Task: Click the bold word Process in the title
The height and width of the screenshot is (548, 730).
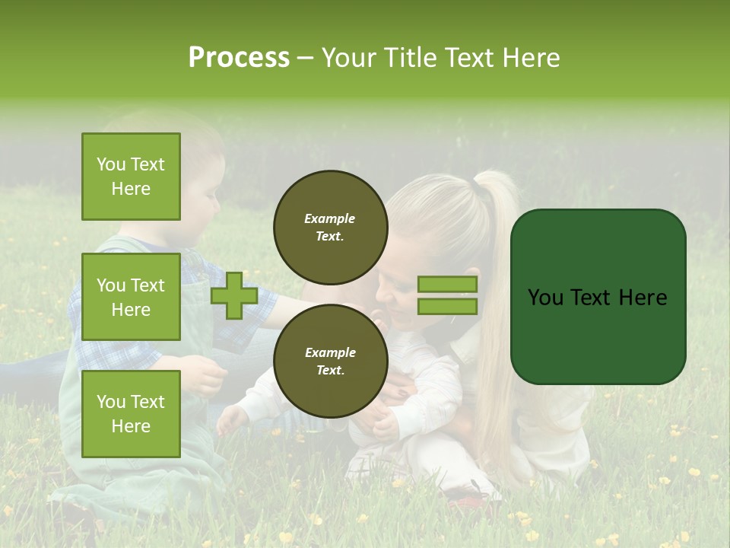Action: (239, 57)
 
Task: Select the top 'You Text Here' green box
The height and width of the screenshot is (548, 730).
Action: (131, 177)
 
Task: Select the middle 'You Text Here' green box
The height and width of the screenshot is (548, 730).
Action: (131, 297)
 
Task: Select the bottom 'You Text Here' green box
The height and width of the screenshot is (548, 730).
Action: (131, 413)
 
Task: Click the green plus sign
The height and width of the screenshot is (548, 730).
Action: (234, 296)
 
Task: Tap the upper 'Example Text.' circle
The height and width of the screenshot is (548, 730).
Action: (330, 227)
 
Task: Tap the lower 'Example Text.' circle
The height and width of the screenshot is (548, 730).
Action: (330, 361)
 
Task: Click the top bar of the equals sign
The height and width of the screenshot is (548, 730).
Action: (447, 284)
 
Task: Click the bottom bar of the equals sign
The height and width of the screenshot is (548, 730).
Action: (447, 306)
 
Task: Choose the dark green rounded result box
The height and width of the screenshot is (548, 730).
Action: (598, 296)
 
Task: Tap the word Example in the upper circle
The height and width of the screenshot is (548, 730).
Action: (330, 218)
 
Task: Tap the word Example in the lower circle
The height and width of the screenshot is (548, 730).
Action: (330, 352)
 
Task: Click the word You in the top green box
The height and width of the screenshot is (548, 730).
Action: (111, 164)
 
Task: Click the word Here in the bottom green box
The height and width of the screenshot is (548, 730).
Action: (131, 425)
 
